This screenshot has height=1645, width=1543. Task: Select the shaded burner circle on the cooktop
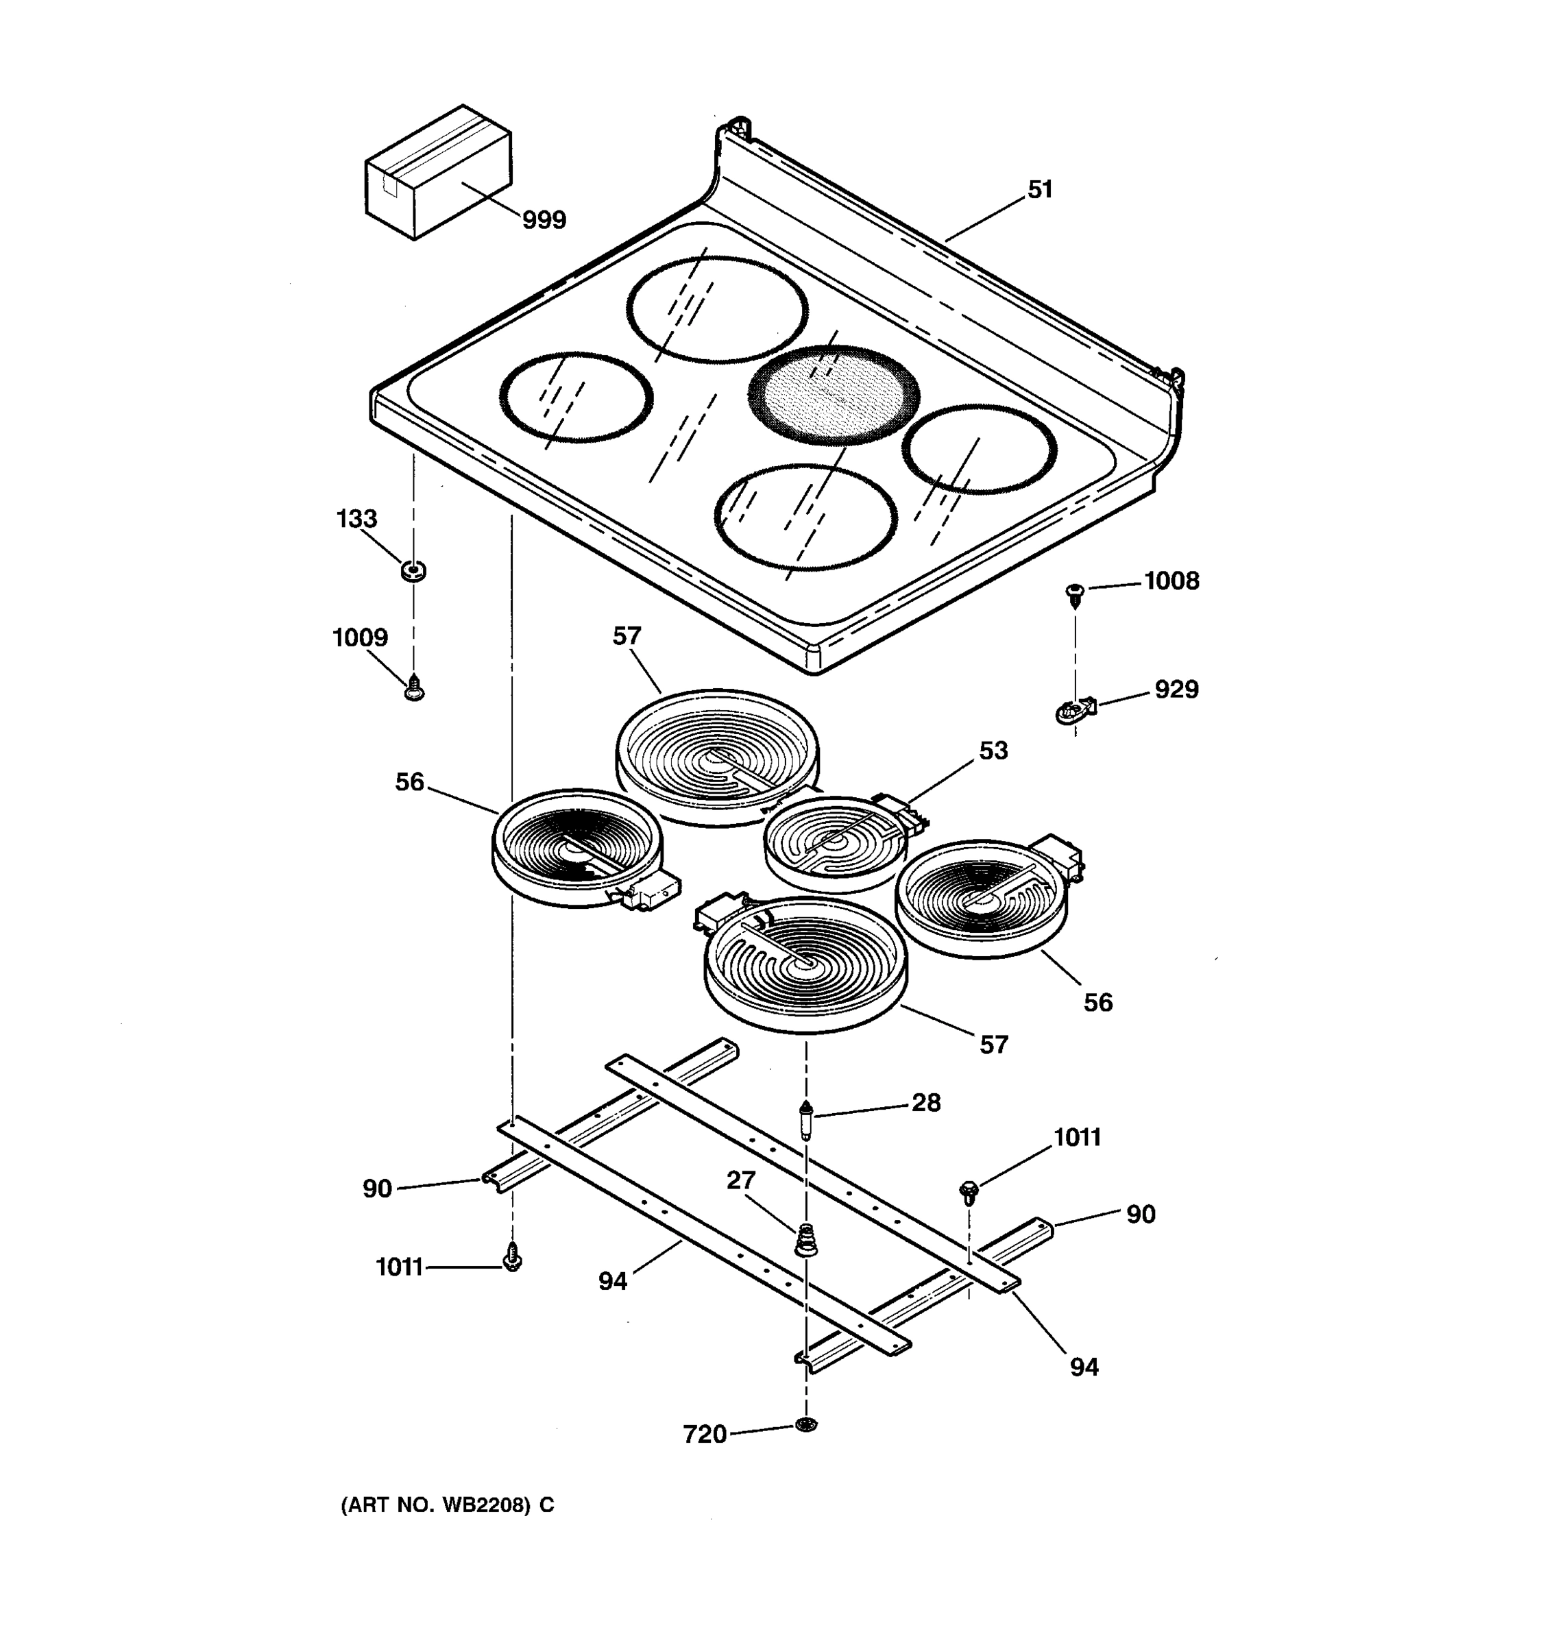click(833, 395)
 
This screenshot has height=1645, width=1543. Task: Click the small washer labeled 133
click(413, 570)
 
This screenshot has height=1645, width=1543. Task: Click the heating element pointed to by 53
click(834, 844)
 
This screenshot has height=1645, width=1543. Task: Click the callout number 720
click(704, 1434)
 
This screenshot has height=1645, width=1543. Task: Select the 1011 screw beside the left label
click(512, 1258)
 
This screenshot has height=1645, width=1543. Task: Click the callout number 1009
click(360, 638)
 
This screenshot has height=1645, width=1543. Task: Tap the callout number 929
click(1176, 690)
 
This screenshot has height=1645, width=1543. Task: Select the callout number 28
click(926, 1102)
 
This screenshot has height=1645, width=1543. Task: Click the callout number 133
click(356, 519)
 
